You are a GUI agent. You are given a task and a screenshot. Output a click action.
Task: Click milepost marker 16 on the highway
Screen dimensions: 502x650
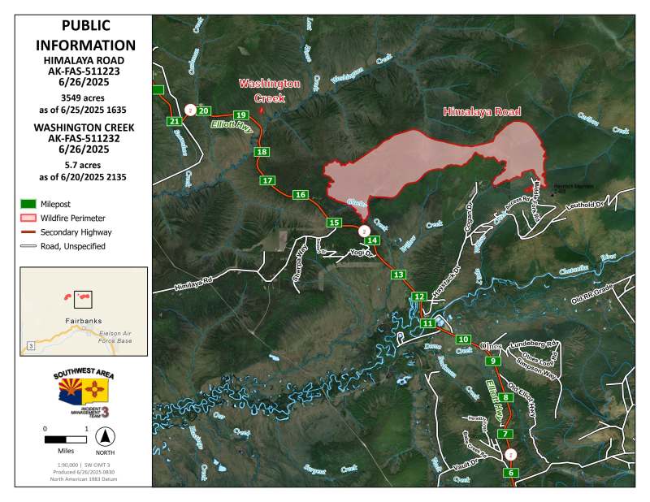[x=301, y=195]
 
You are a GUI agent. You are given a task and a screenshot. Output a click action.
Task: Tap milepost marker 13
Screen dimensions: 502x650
[x=398, y=275]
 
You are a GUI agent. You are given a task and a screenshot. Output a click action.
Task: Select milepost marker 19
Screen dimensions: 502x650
[x=240, y=115]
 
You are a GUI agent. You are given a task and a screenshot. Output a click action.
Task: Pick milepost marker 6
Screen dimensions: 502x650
[x=511, y=473]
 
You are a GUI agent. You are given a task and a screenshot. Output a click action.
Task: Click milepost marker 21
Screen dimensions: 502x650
[x=175, y=121]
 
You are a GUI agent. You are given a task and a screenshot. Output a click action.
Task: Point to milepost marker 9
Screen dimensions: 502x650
[x=494, y=360]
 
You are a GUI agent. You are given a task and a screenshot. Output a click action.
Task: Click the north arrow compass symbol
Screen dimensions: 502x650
[x=105, y=436]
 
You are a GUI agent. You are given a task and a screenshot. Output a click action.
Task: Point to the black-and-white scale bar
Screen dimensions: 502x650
[x=65, y=439]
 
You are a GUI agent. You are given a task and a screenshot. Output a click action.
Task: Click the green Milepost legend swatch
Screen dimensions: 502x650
[x=28, y=203]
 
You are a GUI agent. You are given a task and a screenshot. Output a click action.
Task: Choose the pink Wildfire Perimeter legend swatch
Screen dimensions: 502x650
[x=28, y=218]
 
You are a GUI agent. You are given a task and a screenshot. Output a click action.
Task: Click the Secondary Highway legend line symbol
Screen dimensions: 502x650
[x=28, y=232]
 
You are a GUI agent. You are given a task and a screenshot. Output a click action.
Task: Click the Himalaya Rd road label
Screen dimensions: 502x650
[x=193, y=283]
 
